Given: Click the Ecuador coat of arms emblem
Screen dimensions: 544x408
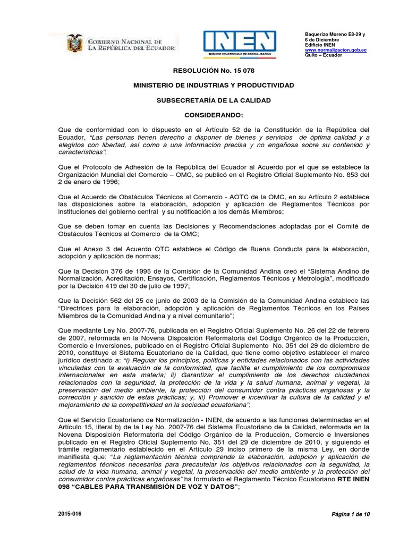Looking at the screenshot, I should [x=74, y=44].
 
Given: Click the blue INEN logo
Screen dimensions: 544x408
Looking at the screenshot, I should [x=240, y=43].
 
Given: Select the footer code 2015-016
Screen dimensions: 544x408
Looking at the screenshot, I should [x=69, y=514].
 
